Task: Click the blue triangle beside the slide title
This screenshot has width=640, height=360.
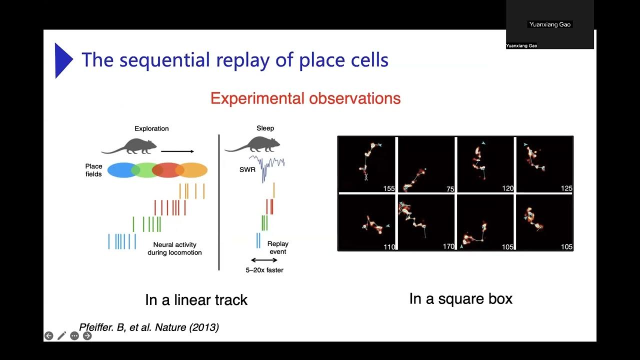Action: tap(62, 60)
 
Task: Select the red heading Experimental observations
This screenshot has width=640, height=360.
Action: tap(305, 98)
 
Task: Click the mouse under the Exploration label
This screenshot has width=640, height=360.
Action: tap(129, 145)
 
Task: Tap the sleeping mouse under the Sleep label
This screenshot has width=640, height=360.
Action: tap(252, 144)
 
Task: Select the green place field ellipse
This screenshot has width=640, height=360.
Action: tap(145, 170)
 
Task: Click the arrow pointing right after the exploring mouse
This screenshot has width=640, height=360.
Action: tap(177, 150)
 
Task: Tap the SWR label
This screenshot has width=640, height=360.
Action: tap(247, 170)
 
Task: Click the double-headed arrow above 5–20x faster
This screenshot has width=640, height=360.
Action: tap(264, 260)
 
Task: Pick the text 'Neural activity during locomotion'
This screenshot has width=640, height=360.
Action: tap(174, 248)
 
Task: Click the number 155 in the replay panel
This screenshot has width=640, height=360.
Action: tap(388, 188)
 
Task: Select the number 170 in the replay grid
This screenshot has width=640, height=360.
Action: tap(448, 246)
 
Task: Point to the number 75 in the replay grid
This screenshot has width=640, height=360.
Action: tap(450, 189)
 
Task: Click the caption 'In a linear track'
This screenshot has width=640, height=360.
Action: tap(196, 300)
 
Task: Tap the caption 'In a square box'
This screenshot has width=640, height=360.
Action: tap(460, 299)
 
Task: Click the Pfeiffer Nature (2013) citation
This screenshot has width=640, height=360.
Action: tap(149, 327)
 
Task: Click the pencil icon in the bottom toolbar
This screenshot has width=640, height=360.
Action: tap(61, 336)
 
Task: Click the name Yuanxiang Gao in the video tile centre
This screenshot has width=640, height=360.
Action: tap(549, 24)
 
